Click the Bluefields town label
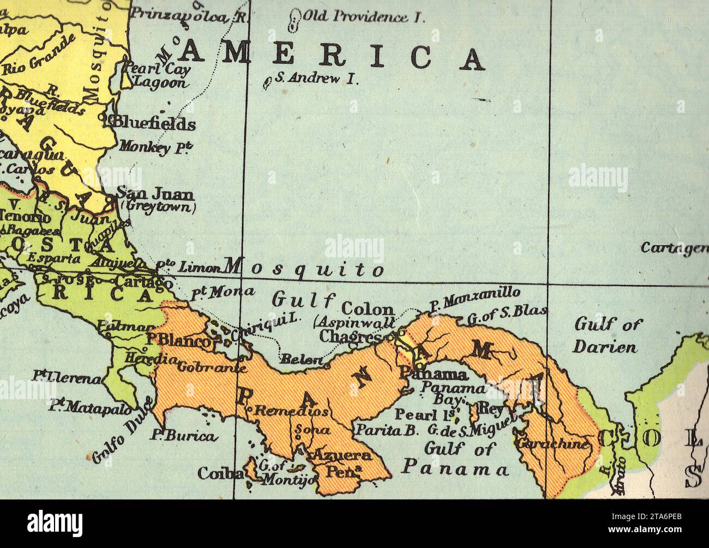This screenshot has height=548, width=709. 154,124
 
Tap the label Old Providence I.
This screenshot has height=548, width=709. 363,17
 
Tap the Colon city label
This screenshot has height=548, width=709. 367,309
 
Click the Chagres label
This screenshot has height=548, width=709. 350,336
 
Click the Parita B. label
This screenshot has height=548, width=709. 387,430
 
